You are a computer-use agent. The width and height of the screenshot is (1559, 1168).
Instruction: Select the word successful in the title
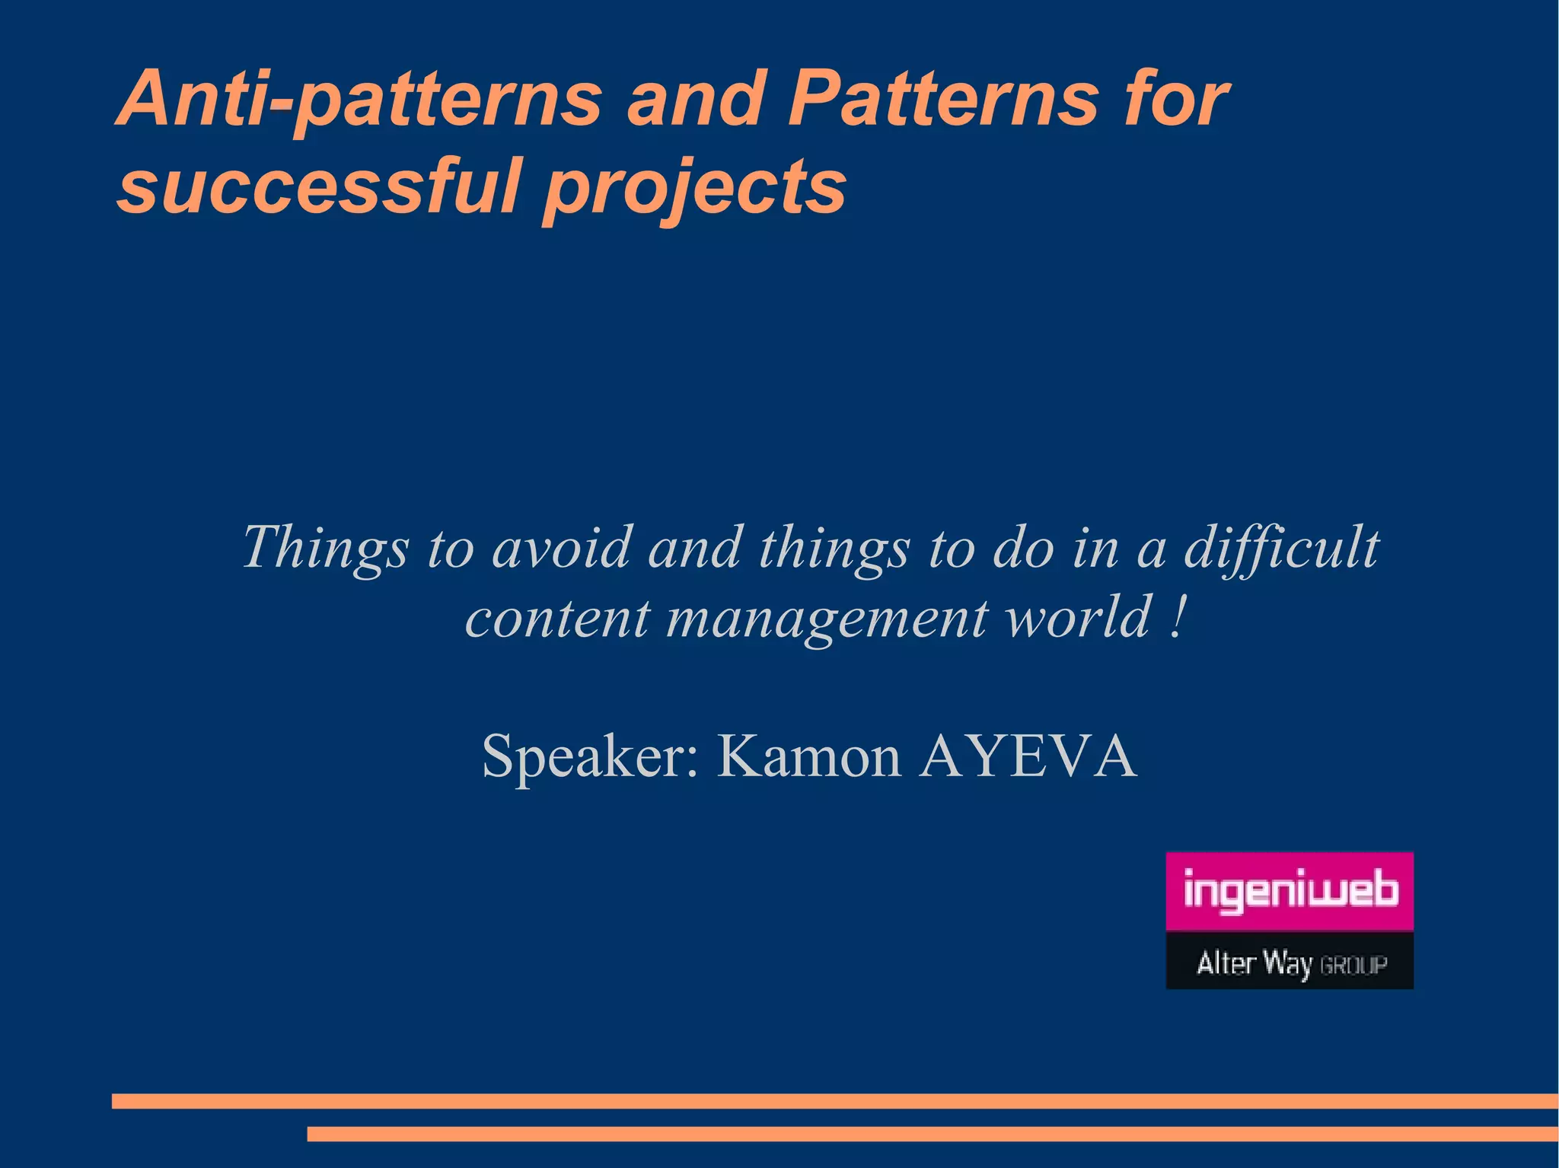[x=318, y=186]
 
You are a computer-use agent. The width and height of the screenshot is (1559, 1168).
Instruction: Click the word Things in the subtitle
[x=325, y=548]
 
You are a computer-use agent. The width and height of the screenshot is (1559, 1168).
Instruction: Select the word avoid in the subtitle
[x=562, y=548]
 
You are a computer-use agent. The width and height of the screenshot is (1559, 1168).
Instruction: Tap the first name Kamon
[x=808, y=757]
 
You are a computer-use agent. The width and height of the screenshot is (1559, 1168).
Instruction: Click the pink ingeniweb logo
[x=1290, y=891]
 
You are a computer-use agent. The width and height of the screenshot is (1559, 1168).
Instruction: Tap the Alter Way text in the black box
[x=1254, y=963]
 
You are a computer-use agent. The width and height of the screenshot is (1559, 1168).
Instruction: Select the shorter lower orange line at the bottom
[x=933, y=1134]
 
